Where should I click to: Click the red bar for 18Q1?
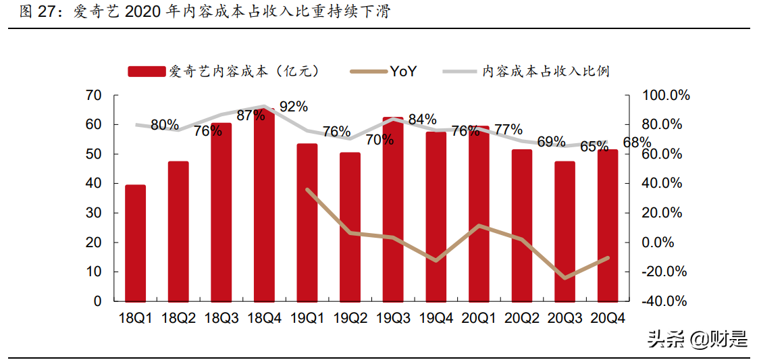(135, 243)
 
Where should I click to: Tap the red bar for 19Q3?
(393, 209)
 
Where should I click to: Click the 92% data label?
(294, 107)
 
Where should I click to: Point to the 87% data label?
(251, 115)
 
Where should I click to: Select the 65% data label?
(594, 146)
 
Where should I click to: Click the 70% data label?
(380, 140)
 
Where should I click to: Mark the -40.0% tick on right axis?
(664, 301)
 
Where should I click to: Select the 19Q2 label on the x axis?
(350, 317)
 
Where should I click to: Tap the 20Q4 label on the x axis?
(607, 317)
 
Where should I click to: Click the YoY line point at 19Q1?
(307, 190)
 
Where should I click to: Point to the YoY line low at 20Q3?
(565, 278)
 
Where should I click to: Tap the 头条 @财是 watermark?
(697, 339)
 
